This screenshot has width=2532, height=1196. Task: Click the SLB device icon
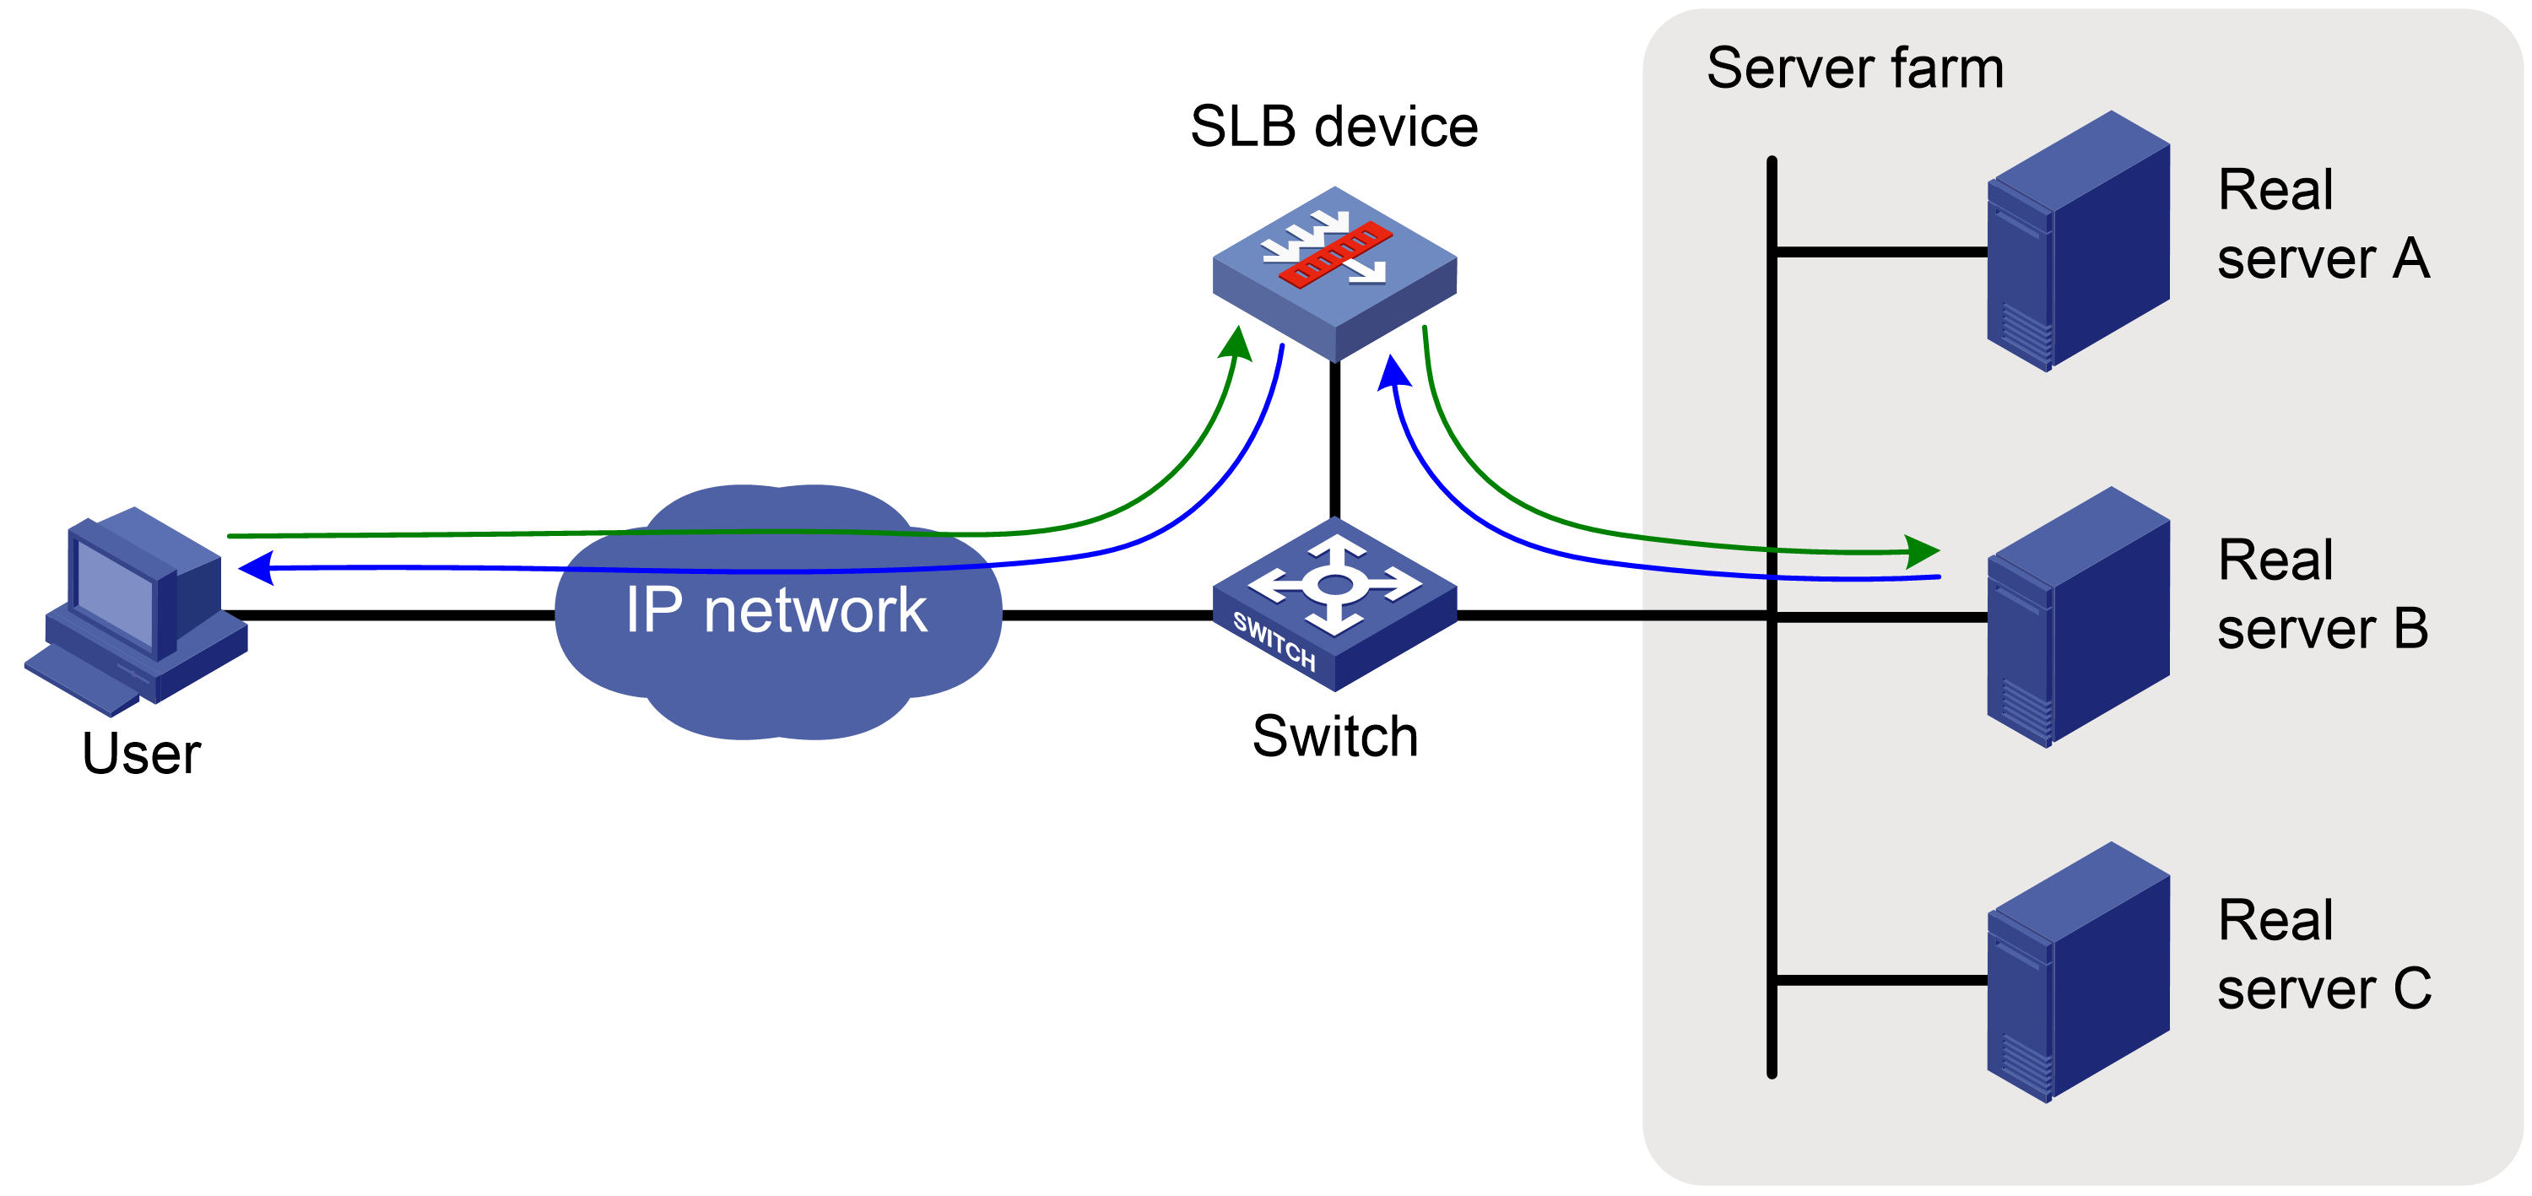(1334, 273)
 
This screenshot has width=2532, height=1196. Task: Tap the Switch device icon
(1334, 604)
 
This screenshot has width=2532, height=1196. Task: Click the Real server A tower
(2078, 241)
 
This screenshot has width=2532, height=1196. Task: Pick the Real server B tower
(2078, 617)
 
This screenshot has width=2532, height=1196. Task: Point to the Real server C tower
(2078, 972)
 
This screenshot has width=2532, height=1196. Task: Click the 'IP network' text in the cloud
(776, 609)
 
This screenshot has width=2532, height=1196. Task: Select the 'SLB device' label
(1334, 126)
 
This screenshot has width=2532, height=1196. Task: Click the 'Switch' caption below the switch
(1335, 736)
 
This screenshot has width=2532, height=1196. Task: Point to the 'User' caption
(142, 754)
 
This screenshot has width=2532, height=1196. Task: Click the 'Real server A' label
(2324, 224)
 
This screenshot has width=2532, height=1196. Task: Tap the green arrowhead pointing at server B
(1922, 550)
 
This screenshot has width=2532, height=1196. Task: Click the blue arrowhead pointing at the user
(256, 568)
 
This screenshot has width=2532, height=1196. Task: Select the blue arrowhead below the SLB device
(1393, 372)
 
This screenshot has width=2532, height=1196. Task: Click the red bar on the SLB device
(1335, 256)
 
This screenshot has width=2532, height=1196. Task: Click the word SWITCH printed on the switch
(1274, 641)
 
